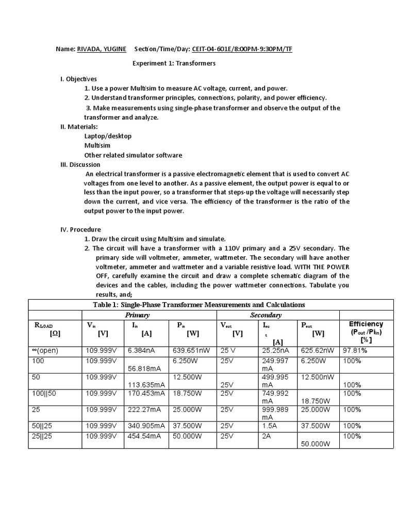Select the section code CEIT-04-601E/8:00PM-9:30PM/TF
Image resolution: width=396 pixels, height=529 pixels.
click(245, 49)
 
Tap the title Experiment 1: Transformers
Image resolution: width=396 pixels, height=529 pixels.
click(174, 64)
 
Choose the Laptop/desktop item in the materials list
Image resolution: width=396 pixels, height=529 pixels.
click(108, 136)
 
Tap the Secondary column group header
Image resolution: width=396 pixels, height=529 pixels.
click(266, 315)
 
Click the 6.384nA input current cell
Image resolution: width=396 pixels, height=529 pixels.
click(141, 351)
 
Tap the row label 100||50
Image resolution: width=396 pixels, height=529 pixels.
click(43, 393)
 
